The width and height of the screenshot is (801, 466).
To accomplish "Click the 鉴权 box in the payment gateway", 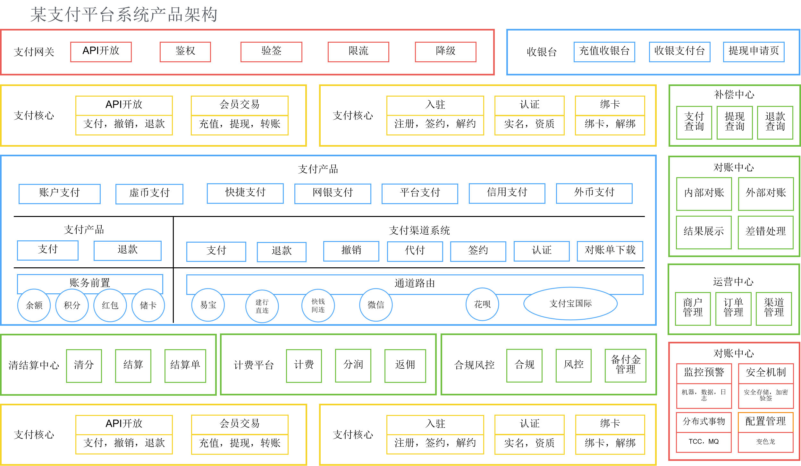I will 185,52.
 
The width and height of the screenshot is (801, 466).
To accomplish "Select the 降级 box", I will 445,52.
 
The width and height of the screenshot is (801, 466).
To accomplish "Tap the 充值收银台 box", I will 604,52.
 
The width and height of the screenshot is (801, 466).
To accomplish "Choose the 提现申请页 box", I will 754,52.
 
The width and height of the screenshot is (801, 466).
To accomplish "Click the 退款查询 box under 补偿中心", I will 775,123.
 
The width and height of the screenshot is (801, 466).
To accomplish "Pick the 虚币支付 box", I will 149,194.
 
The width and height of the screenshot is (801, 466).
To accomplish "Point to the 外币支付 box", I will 594,193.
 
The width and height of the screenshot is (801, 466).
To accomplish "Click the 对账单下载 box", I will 610,251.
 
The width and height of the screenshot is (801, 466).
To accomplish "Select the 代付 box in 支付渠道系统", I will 415,251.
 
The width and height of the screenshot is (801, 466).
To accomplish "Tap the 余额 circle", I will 34,305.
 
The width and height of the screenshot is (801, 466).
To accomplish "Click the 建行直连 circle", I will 262,306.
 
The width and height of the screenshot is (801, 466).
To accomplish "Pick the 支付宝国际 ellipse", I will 570,304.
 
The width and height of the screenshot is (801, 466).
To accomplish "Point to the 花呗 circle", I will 482,304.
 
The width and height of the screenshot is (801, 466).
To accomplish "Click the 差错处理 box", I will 765,232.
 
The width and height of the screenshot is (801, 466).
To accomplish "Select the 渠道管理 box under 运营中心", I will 774,309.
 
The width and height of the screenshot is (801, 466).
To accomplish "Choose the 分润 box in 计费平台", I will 353,366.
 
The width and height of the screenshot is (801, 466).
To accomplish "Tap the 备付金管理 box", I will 626,366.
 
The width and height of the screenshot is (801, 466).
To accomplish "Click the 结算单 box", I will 185,366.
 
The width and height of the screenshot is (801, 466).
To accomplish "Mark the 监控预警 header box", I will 704,373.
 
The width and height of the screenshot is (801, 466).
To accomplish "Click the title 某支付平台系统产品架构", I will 124,15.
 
